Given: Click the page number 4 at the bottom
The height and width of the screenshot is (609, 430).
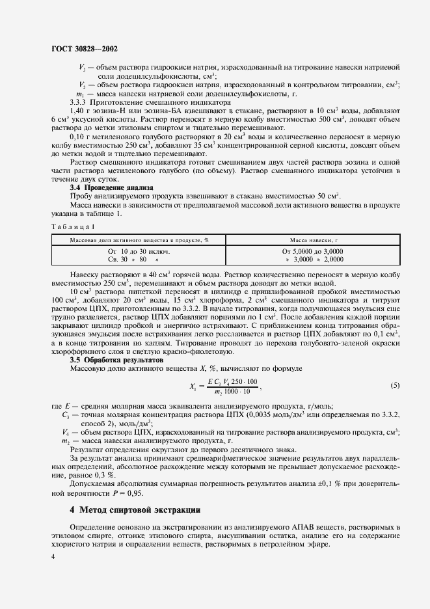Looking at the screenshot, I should tap(52, 557).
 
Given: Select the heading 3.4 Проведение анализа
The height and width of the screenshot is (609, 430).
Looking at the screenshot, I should tap(111, 187).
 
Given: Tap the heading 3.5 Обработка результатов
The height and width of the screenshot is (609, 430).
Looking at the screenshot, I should tap(116, 359).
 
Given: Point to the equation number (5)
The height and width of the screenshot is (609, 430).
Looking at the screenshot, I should tap(395, 385).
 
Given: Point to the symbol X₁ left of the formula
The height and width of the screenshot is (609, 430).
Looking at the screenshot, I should tap(194, 386).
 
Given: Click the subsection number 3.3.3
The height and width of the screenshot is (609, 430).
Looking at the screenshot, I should tap(80, 102).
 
